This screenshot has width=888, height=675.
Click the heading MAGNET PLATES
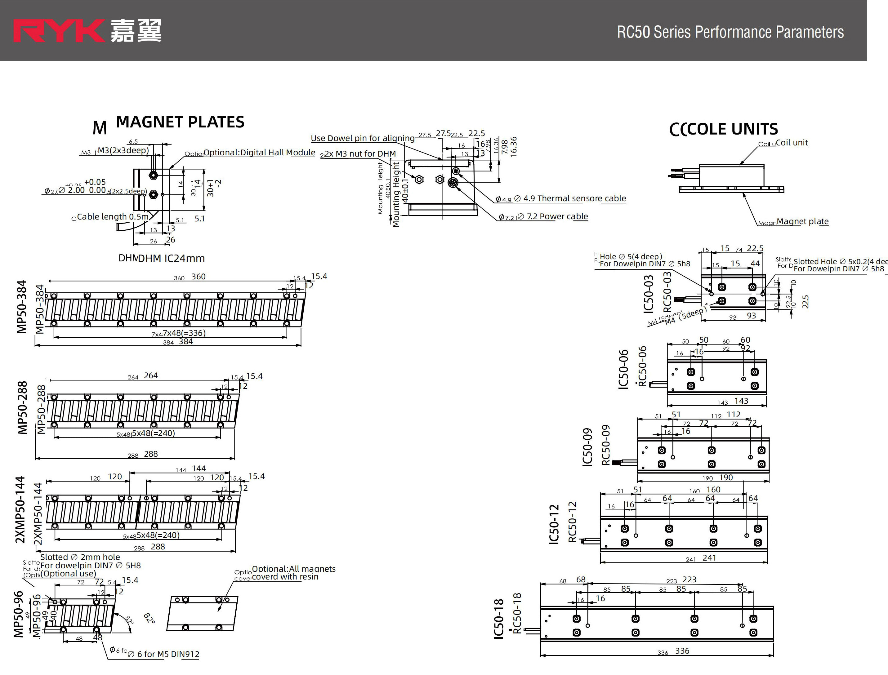pos(180,122)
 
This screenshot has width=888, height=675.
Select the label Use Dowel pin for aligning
pos(363,138)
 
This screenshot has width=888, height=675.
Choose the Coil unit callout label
pos(791,143)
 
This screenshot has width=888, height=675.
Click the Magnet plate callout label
pos(802,221)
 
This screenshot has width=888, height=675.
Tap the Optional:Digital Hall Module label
pos(259,153)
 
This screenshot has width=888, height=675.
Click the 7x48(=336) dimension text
pos(184,333)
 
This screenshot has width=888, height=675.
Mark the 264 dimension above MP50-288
pos(151,376)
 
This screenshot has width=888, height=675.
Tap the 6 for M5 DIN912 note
pos(168,654)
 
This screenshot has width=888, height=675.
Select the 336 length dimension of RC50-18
pos(682,651)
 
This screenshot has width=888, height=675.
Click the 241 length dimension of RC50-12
pos(709,558)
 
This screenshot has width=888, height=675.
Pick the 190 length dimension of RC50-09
pos(726,477)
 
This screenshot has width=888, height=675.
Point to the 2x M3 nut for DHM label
pos(360,154)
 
